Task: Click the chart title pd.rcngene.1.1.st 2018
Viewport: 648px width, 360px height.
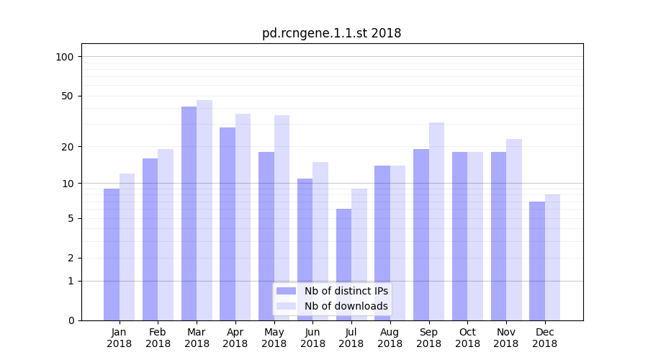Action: (x=331, y=33)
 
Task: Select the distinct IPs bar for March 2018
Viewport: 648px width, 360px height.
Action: (x=189, y=213)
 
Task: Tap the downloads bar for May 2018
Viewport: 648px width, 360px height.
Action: (x=282, y=217)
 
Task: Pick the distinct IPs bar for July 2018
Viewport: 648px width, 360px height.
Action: (x=343, y=264)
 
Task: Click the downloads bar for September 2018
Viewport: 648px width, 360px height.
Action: (x=436, y=221)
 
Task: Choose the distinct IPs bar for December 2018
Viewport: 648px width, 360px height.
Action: (x=537, y=261)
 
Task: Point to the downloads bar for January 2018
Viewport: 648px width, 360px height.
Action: (x=127, y=246)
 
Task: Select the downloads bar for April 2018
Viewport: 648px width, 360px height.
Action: (x=243, y=217)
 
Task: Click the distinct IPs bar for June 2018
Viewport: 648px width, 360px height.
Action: (x=305, y=249)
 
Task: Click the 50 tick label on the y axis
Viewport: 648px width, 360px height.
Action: (x=68, y=96)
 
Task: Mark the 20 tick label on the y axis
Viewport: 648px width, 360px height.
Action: (x=68, y=147)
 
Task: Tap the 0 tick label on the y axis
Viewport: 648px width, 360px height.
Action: (x=71, y=320)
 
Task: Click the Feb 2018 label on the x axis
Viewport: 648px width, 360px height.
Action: (x=158, y=338)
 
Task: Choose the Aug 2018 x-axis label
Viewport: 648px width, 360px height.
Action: (x=390, y=338)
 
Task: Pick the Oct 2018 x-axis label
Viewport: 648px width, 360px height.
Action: (x=467, y=338)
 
